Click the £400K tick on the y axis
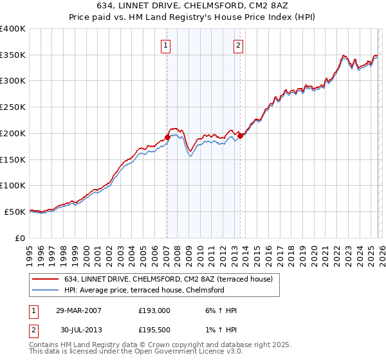[x=13, y=29]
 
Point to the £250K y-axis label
[x=13, y=107]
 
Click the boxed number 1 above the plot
[x=167, y=45]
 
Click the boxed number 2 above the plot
[x=239, y=45]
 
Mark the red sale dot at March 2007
[x=167, y=137]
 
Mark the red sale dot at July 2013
[x=240, y=136]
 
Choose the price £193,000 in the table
[x=154, y=310]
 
